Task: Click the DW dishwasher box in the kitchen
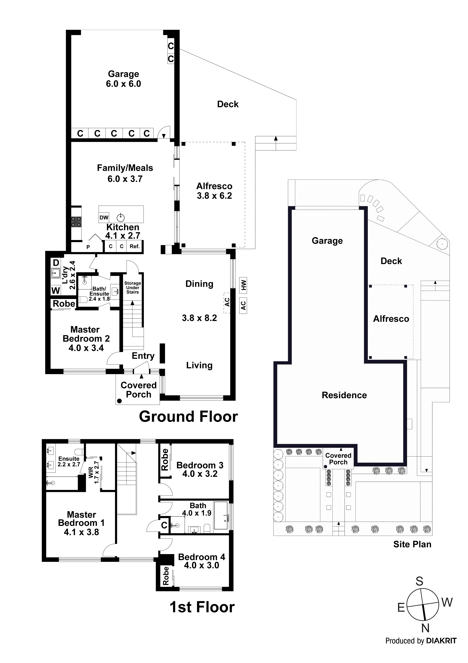[104, 217]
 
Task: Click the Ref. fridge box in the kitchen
[135, 246]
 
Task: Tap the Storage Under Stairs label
[133, 288]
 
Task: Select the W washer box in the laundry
[56, 290]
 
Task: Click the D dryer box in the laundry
[56, 263]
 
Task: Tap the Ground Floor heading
[188, 417]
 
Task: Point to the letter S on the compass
[419, 581]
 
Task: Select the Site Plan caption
[412, 544]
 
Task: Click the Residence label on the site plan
[344, 395]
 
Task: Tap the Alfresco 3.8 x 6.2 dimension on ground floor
[214, 196]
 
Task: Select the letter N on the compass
[425, 628]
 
